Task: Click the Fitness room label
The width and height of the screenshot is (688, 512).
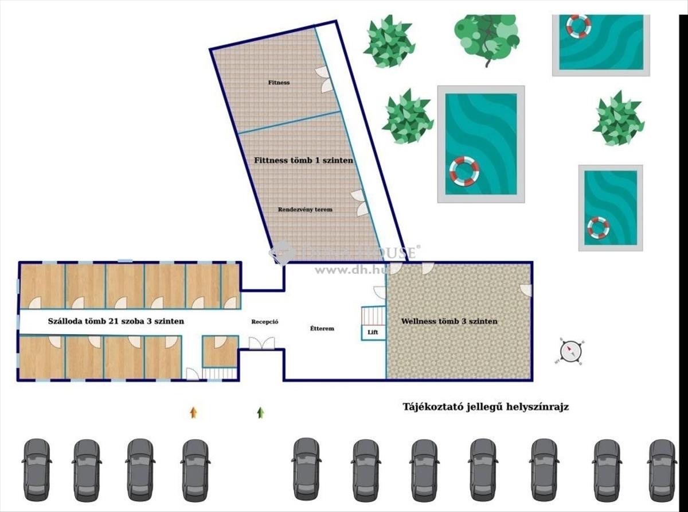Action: click(x=279, y=83)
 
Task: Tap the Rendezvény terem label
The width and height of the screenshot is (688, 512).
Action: click(x=305, y=210)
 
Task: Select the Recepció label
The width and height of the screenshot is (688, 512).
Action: click(x=265, y=322)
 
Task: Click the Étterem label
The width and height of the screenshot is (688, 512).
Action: click(x=322, y=328)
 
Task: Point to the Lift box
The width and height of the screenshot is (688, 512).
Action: click(x=372, y=332)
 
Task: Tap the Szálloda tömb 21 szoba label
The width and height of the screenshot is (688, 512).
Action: click(x=108, y=321)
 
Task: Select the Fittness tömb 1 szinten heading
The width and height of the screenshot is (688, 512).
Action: click(x=303, y=161)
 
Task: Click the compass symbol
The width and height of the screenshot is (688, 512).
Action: click(x=571, y=351)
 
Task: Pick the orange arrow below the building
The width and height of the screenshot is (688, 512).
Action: click(x=194, y=412)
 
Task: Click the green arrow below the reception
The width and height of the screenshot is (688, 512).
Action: click(x=261, y=412)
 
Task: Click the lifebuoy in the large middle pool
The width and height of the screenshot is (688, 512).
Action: click(x=464, y=171)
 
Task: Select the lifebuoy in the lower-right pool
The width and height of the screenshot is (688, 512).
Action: click(x=598, y=227)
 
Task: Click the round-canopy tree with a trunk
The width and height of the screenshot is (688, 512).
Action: click(x=487, y=34)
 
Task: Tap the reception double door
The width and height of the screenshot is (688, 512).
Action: click(x=261, y=343)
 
